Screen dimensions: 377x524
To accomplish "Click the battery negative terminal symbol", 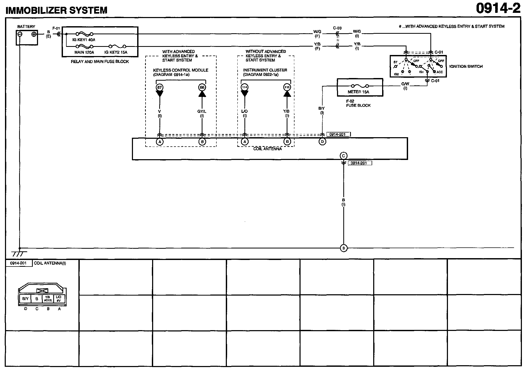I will (20, 34).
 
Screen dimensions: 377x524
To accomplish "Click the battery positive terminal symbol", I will (34, 34).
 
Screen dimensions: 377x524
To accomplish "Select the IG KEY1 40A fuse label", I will (84, 40).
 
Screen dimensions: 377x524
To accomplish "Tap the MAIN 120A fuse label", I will (84, 52).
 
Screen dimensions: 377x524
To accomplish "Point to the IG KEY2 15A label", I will (116, 52).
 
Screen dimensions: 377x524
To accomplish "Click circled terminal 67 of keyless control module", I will (159, 87).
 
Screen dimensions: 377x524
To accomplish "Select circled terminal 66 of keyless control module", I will (202, 87).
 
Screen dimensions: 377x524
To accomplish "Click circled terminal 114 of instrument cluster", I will (244, 87).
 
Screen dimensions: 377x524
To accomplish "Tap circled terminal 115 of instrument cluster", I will (287, 87).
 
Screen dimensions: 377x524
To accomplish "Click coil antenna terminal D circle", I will (322, 142).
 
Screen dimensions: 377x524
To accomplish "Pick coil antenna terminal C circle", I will (344, 156).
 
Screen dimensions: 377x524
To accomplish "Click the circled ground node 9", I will (344, 248).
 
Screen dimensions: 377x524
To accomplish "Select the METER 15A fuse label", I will (358, 92).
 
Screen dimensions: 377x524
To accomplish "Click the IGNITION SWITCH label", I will (466, 66).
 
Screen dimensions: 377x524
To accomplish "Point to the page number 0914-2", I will (498, 9).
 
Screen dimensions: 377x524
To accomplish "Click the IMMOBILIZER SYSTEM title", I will (56, 10).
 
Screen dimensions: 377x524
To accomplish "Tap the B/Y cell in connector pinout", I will (25, 299).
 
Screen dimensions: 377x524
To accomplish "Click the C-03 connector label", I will (337, 28).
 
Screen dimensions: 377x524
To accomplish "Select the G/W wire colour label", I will (405, 84).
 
